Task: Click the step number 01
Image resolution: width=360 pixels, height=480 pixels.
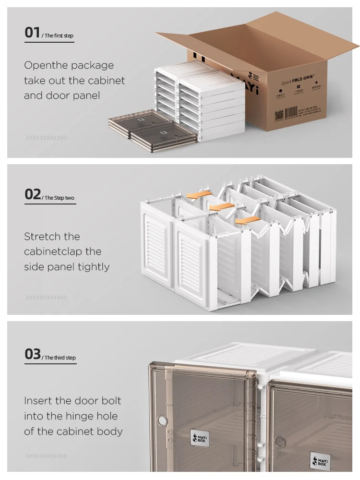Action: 32,33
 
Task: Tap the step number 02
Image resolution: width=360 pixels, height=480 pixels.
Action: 33,194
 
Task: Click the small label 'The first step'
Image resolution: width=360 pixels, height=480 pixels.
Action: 59,36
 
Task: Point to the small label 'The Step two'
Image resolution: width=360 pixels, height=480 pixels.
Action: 60,198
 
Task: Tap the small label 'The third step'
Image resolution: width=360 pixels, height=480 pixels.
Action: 60,358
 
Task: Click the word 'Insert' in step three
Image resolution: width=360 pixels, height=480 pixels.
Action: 38,401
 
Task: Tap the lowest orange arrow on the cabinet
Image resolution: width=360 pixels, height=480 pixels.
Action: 249,220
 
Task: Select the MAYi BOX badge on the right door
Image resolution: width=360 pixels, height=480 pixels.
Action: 319,460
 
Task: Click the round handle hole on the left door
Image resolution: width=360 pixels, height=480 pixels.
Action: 163,421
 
